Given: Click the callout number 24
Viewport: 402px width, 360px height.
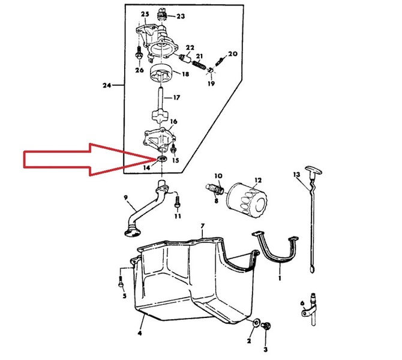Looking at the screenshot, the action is pos(107,85).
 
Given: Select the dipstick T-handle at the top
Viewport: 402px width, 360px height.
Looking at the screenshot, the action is pos(313,170).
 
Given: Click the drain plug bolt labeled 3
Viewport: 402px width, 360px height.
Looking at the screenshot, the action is pos(266,326).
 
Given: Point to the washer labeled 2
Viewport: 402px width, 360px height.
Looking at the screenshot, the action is pos(256,323).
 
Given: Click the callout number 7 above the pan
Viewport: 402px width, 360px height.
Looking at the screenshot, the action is pos(203,226).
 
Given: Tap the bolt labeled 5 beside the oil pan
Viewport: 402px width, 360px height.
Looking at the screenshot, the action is pos(121,281).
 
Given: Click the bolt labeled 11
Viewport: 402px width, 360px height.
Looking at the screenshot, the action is pos(177,202).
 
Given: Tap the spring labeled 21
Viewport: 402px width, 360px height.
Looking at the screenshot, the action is pos(199,65).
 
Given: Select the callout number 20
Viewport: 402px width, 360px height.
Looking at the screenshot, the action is pos(233,53).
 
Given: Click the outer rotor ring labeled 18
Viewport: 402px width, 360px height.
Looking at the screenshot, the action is pos(160,74).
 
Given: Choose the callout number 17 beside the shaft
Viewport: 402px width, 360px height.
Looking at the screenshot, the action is pos(176,97).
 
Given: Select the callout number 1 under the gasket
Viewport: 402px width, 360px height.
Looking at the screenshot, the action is pos(280,278).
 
